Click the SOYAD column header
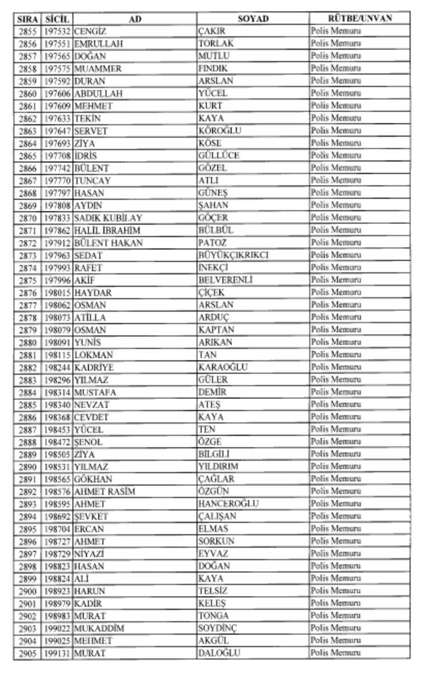click(x=253, y=19)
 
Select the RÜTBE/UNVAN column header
click(x=360, y=19)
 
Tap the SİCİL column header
click(x=57, y=19)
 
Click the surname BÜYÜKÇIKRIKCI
click(x=233, y=255)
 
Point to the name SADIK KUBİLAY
click(x=108, y=217)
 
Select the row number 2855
click(x=27, y=31)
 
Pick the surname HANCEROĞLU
click(x=228, y=504)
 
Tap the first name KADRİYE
click(x=94, y=367)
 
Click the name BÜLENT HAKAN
click(x=108, y=243)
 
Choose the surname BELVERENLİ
click(x=225, y=280)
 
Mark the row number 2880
click(x=27, y=342)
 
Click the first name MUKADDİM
click(x=99, y=628)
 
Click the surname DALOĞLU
click(x=219, y=653)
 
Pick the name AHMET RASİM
click(x=105, y=491)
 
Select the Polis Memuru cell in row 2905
click(x=335, y=653)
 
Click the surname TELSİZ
click(x=213, y=591)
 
